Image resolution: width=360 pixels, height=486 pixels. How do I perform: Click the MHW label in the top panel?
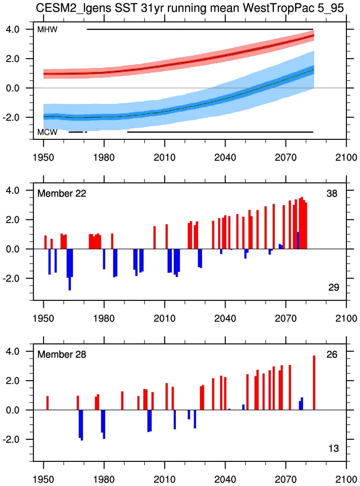coord(47,30)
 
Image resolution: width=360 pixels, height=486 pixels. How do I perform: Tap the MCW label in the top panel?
coord(47,132)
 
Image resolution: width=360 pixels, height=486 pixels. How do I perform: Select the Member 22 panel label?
coord(62,194)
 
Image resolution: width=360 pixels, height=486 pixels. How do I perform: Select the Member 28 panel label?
coord(62,355)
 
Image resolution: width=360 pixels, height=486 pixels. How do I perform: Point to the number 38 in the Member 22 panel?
coord(332,194)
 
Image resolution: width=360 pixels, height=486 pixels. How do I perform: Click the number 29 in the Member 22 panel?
coord(333,287)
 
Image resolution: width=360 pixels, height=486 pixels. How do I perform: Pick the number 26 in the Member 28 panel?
coord(332,355)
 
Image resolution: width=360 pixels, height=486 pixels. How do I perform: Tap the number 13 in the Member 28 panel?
coord(333,448)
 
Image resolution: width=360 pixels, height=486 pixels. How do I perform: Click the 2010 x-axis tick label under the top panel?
coord(165,157)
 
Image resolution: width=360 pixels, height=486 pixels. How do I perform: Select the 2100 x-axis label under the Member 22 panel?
coord(346,318)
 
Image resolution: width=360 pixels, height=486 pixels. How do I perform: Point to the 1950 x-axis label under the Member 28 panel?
coord(44,479)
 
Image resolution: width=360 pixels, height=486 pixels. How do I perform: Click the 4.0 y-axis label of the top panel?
coord(13,30)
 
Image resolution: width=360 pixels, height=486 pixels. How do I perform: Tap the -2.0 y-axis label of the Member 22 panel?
coord(11,278)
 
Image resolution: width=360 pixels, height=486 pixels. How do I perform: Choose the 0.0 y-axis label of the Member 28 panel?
coord(13,410)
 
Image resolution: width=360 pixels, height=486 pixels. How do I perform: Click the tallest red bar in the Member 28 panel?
coord(314,383)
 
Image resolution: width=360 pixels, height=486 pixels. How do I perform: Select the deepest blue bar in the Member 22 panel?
coord(70,270)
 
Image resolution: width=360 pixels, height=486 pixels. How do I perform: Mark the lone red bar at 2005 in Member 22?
coord(155,238)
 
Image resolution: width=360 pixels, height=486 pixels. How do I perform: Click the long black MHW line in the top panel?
coord(200,29)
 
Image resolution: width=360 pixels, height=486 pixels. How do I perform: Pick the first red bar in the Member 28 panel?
coord(47,403)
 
